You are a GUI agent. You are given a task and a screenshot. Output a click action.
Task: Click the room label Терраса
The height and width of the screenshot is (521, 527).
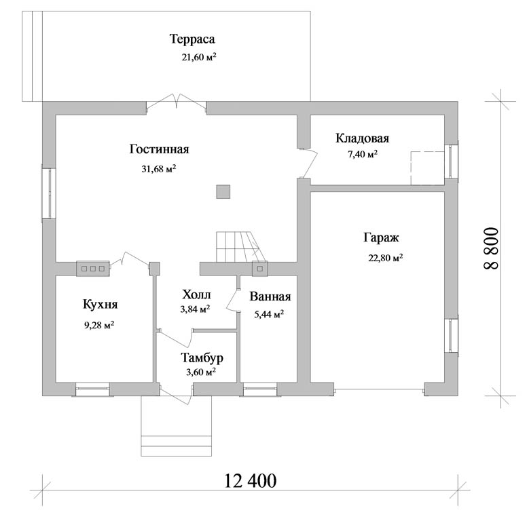(x=192, y=39)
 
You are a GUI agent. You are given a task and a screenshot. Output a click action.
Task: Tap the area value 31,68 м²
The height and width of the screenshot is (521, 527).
(x=159, y=168)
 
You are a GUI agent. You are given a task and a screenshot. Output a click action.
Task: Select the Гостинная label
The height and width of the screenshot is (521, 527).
(x=160, y=149)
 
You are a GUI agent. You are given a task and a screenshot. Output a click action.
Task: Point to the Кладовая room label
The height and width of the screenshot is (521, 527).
(x=362, y=138)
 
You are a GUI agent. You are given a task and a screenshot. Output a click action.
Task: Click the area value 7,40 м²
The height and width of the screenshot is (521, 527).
(x=363, y=154)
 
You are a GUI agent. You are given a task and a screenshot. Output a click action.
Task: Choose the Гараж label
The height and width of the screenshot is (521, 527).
(x=381, y=237)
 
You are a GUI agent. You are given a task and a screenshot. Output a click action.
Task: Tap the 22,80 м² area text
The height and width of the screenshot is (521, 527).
(x=386, y=258)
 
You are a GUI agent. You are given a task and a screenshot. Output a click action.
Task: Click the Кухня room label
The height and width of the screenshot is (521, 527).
(x=100, y=305)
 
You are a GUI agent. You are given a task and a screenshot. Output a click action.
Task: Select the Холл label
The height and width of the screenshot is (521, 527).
(x=197, y=294)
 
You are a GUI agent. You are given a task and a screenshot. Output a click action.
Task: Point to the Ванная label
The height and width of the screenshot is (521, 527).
(x=270, y=296)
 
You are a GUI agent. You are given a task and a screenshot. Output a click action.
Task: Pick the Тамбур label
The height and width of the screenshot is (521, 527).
(x=202, y=358)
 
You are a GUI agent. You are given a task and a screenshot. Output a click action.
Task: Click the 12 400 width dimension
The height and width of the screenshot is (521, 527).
(x=250, y=481)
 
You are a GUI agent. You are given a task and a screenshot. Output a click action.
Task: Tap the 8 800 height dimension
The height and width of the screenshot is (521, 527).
(x=492, y=249)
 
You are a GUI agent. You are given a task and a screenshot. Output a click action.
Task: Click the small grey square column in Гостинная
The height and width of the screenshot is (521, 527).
(x=223, y=192)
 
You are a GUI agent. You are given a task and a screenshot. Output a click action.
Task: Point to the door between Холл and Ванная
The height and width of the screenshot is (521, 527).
(x=232, y=301)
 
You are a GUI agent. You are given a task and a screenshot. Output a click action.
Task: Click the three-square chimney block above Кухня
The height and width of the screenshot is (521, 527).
(x=93, y=269)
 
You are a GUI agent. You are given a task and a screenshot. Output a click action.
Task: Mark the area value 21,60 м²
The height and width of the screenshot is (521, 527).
(x=199, y=57)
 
